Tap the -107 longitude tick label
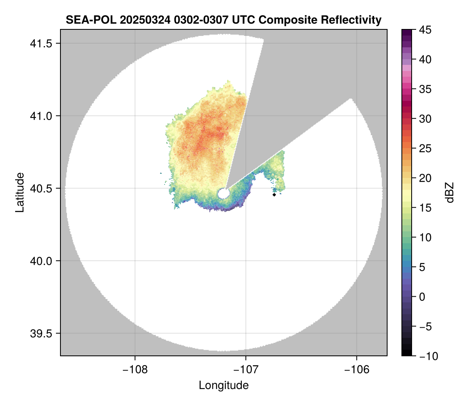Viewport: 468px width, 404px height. pos(246,370)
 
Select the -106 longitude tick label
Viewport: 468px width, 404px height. pos(357,370)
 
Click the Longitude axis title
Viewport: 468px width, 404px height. pos(223,385)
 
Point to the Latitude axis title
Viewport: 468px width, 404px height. pos(19,192)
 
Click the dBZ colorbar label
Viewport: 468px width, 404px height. pos(450,193)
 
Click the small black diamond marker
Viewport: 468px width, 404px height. pos(274,195)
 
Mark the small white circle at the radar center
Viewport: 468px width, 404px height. pos(223,193)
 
